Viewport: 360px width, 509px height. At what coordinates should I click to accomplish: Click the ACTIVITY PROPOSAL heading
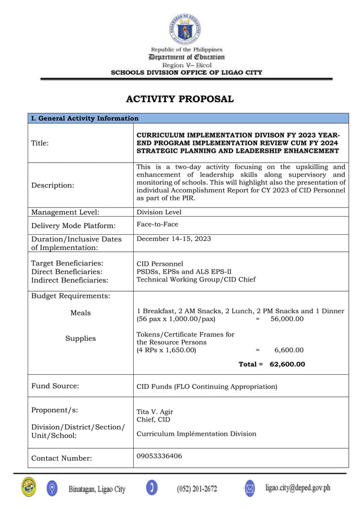pyautogui.click(x=179, y=99)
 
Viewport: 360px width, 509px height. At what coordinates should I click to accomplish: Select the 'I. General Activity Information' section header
pyautogui.click(x=85, y=119)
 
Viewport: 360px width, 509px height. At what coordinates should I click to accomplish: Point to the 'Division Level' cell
pyautogui.click(x=159, y=213)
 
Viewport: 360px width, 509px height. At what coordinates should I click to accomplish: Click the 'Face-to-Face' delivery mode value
pyautogui.click(x=157, y=224)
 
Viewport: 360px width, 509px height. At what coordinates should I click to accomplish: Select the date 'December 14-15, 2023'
pyautogui.click(x=174, y=239)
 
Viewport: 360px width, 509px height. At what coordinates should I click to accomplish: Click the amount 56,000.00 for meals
pyautogui.click(x=287, y=319)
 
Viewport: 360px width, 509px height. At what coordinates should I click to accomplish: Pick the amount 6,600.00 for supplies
pyautogui.click(x=288, y=350)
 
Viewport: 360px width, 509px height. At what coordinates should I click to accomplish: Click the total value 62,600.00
pyautogui.click(x=287, y=365)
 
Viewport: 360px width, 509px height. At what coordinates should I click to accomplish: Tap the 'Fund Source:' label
pyautogui.click(x=55, y=387)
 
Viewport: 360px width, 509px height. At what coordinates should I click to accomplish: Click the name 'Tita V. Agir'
pyautogui.click(x=155, y=411)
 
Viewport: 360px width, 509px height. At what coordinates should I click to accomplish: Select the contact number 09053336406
pyautogui.click(x=159, y=456)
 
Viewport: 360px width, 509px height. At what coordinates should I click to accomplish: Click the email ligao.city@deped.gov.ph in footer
pyautogui.click(x=297, y=488)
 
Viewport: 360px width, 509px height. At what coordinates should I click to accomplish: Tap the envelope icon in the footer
pyautogui.click(x=249, y=488)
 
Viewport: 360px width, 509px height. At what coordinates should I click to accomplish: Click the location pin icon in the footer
pyautogui.click(x=52, y=488)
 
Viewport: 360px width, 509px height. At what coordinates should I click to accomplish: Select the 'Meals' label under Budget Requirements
pyautogui.click(x=80, y=313)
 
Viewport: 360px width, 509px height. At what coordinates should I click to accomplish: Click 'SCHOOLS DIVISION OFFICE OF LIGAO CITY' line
pyautogui.click(x=186, y=72)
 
